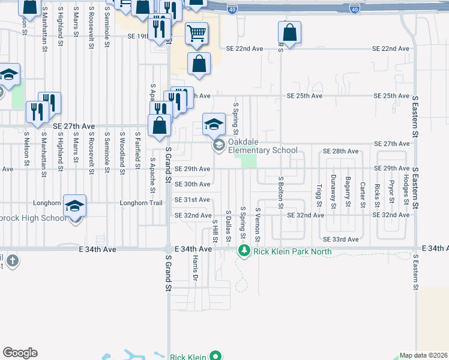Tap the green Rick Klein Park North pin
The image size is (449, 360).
tap(244, 251)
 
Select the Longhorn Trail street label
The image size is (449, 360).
tap(141, 203)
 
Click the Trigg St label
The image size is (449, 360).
tap(319, 194)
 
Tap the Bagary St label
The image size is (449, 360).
tap(348, 191)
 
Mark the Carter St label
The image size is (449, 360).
tap(363, 194)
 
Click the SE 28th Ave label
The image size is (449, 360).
tap(340, 151)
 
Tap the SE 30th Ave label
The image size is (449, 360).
tap(192, 184)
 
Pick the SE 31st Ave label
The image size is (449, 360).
tap(192, 200)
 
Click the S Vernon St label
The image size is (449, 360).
tap(257, 225)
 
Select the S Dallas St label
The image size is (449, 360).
tap(228, 227)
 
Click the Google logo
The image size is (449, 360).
tap(20, 353)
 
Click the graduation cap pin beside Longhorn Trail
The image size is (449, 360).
tap(75, 206)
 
